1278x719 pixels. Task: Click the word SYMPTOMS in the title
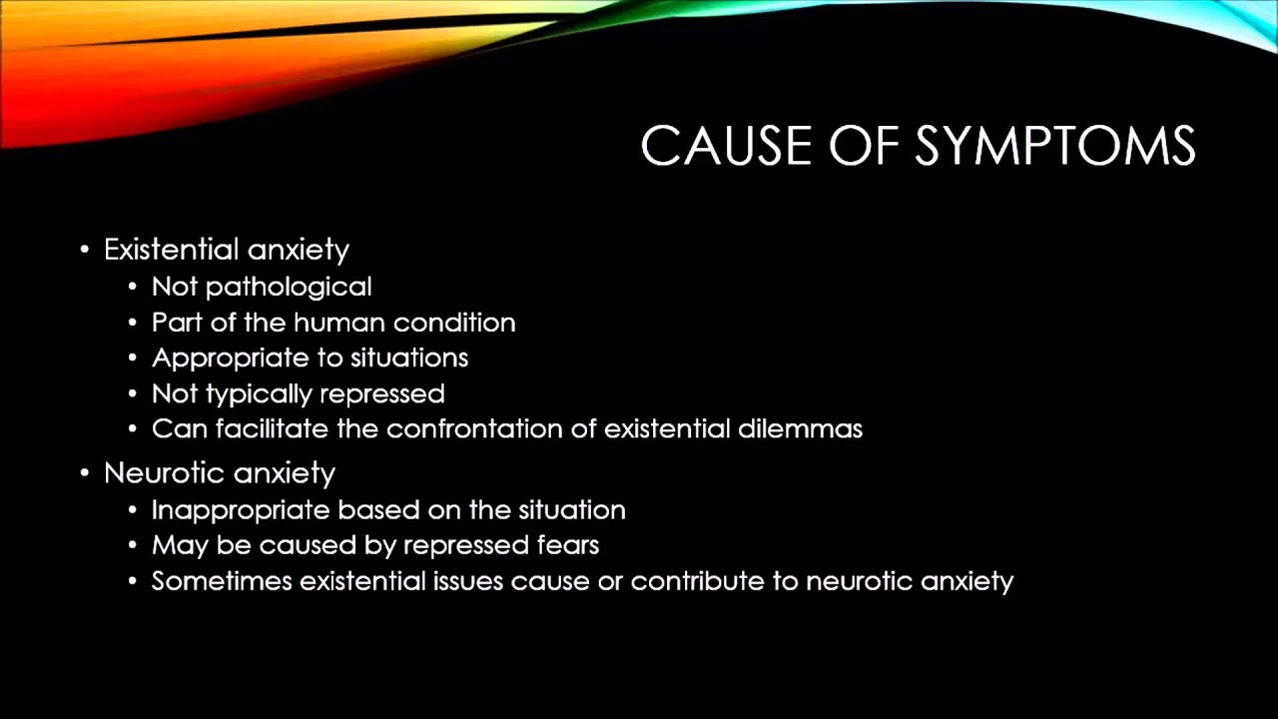click(1054, 147)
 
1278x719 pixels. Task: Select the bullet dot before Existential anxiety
click(85, 249)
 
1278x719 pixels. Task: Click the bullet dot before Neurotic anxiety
click(85, 472)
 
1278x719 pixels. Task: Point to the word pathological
click(289, 287)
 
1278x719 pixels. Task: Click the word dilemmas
click(800, 429)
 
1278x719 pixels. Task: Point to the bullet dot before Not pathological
click(134, 288)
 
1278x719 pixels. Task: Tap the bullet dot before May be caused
click(134, 546)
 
